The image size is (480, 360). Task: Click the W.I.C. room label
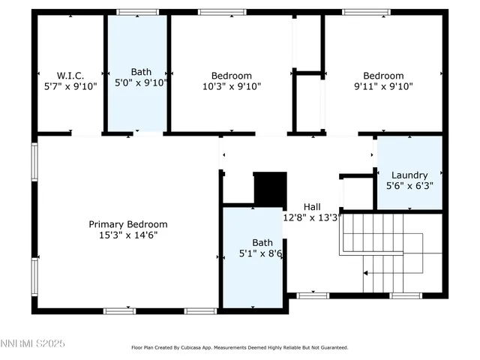click(x=70, y=75)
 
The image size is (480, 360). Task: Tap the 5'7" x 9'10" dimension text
click(x=70, y=86)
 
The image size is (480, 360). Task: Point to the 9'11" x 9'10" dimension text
click(x=383, y=86)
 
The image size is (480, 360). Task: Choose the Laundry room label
click(x=409, y=175)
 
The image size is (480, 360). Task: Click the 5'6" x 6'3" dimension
click(x=409, y=185)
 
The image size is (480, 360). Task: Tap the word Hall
click(x=313, y=206)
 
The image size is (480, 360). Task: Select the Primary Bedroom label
click(x=128, y=224)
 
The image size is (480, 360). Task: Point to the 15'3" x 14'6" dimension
click(x=128, y=235)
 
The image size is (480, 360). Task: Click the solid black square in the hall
click(x=271, y=188)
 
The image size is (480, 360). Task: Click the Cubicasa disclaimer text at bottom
click(x=239, y=347)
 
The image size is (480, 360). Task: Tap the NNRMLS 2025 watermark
click(x=33, y=343)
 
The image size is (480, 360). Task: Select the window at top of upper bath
click(x=138, y=12)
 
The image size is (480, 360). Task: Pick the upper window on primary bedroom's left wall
click(x=34, y=161)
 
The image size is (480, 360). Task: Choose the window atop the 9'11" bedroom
click(x=365, y=12)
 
